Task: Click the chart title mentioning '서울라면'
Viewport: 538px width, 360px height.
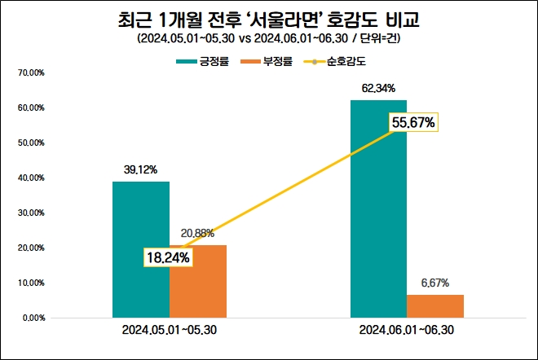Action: (x=269, y=17)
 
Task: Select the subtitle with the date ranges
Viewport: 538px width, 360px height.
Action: (x=269, y=38)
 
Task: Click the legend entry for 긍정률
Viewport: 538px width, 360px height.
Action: (x=214, y=61)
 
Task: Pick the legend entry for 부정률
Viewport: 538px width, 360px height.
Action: (x=276, y=61)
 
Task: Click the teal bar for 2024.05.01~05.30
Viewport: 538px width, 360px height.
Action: (x=141, y=248)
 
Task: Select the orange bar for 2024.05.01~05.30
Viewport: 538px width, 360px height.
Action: (x=197, y=280)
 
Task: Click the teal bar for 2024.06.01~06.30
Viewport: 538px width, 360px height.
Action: (x=378, y=208)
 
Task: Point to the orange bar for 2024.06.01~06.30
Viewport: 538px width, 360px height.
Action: (x=434, y=305)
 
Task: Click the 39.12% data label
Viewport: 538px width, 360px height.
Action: (x=141, y=170)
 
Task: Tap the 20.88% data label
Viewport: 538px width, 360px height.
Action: (x=197, y=233)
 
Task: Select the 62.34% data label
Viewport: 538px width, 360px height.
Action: (x=378, y=88)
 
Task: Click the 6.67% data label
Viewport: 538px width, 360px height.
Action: (x=434, y=283)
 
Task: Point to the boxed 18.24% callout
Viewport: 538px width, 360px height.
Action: (x=169, y=257)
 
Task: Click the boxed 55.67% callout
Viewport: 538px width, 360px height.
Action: (x=413, y=123)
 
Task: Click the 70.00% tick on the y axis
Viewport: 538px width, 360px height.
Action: (x=30, y=73)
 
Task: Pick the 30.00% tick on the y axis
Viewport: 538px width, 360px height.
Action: (x=30, y=213)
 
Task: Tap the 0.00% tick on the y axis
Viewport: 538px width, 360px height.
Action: (x=32, y=318)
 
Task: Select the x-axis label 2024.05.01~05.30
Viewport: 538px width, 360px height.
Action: (x=170, y=331)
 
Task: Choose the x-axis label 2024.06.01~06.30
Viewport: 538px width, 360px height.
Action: (x=407, y=331)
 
